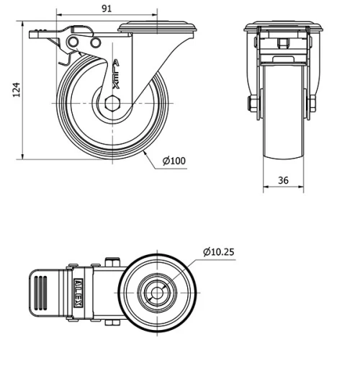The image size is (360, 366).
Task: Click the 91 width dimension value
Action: coord(107,9)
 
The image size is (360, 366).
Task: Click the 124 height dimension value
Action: coord(17,90)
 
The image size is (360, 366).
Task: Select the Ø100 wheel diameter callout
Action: coord(174,161)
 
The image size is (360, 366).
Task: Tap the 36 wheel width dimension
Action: coord(283,180)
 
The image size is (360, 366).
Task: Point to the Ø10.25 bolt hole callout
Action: coord(219,251)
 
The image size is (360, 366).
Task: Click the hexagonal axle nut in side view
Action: coord(112,104)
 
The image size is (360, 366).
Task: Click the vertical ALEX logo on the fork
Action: coord(116,74)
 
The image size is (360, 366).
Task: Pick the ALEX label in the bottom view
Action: coord(78,293)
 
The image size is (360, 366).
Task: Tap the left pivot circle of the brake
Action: coord(73,43)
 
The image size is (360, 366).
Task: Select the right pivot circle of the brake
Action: coord(95,43)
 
